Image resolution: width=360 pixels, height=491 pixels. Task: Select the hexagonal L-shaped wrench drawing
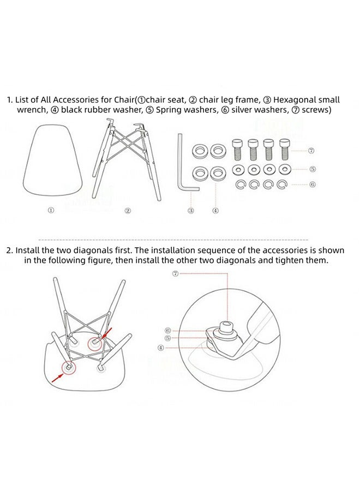pyautogui.click(x=180, y=163)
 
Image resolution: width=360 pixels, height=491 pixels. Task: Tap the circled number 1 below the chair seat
pyautogui.click(x=51, y=210)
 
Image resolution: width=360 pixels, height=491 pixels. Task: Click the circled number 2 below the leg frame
pyautogui.click(x=128, y=211)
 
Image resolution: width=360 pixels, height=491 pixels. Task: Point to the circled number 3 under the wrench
pyautogui.click(x=191, y=211)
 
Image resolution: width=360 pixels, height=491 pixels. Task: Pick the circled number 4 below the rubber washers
pyautogui.click(x=215, y=211)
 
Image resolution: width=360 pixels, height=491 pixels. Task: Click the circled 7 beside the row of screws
pyautogui.click(x=311, y=151)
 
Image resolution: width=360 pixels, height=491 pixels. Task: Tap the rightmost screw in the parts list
pyautogui.click(x=285, y=149)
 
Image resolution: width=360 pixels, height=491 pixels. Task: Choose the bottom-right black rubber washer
pyautogui.click(x=211, y=173)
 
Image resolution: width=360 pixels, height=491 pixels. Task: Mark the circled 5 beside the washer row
pyautogui.click(x=313, y=169)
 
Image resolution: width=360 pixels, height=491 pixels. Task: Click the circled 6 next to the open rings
pyautogui.click(x=313, y=184)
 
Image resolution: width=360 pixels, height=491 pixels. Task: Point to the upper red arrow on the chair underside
pyautogui.click(x=107, y=333)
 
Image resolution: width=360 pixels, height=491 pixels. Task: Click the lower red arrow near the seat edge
pyautogui.click(x=57, y=378)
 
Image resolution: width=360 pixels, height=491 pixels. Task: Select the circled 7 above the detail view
pyautogui.click(x=175, y=274)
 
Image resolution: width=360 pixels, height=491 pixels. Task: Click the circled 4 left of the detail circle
pyautogui.click(x=160, y=348)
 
